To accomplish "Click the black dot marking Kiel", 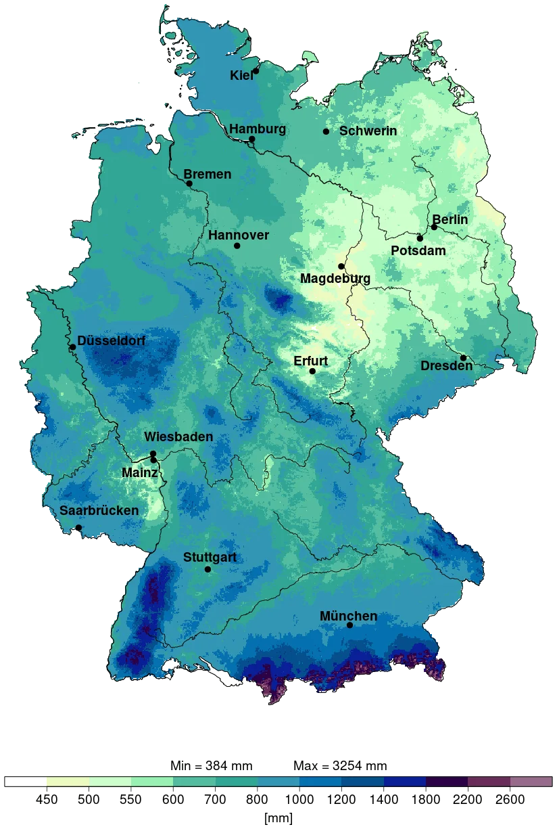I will click(256, 70).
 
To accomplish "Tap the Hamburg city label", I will click(257, 129).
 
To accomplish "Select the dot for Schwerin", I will click(326, 131).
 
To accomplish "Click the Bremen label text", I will click(208, 174).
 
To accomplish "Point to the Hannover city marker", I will click(237, 245).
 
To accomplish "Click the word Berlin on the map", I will click(450, 219).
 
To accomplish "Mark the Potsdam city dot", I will click(420, 238).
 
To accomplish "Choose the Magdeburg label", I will click(335, 278).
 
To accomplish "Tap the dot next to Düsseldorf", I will click(72, 347).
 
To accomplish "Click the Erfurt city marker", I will click(312, 371).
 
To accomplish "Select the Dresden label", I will click(446, 365).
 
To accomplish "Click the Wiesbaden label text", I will click(178, 437).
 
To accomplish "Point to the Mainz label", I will click(139, 472).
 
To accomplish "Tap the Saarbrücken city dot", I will click(78, 527).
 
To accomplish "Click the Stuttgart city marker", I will click(208, 569).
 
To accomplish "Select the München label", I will click(348, 616).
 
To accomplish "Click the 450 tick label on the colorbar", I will click(46, 799).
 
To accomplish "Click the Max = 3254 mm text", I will click(341, 766).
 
